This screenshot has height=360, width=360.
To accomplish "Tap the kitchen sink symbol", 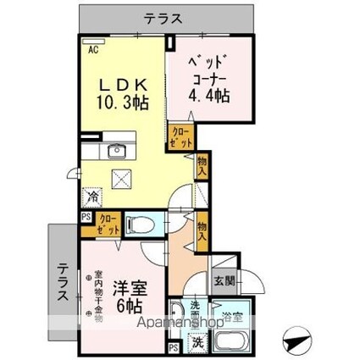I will click(x=117, y=152).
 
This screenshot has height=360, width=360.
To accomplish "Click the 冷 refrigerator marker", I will click(x=91, y=196).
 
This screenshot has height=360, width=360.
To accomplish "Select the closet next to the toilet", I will click(x=106, y=227).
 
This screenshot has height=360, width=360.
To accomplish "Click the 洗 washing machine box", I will click(x=196, y=342).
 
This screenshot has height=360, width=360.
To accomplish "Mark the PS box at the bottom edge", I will click(x=173, y=347).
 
